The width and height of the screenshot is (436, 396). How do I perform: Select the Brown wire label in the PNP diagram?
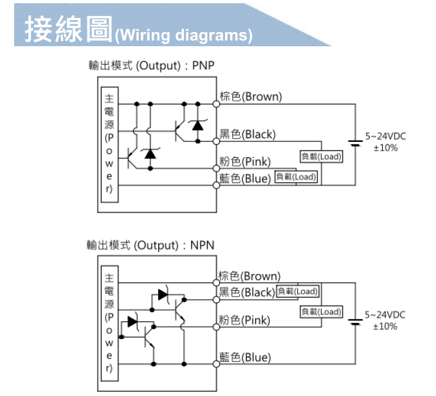pyautogui.click(x=251, y=96)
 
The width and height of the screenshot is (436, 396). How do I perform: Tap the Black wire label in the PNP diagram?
pyautogui.click(x=248, y=134)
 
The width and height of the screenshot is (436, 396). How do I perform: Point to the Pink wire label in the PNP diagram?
pyautogui.click(x=245, y=161)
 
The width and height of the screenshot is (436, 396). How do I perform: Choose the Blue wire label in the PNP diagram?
pyautogui.click(x=245, y=178)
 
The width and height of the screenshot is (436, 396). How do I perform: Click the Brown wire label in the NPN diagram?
pyautogui.click(x=250, y=276)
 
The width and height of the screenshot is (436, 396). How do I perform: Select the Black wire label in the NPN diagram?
pyautogui.click(x=247, y=293)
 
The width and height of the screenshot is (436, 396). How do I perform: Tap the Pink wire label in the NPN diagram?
pyautogui.click(x=244, y=320)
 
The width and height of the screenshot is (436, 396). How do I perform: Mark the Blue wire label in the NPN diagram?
pyautogui.click(x=245, y=357)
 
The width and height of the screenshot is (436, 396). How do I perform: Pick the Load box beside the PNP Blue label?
pyautogui.click(x=296, y=176)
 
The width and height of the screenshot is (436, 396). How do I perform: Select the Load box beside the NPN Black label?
pyautogui.click(x=297, y=291)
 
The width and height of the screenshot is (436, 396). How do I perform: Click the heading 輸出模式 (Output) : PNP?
pyautogui.click(x=151, y=66)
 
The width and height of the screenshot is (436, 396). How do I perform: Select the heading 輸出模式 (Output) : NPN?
pyautogui.click(x=151, y=245)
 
